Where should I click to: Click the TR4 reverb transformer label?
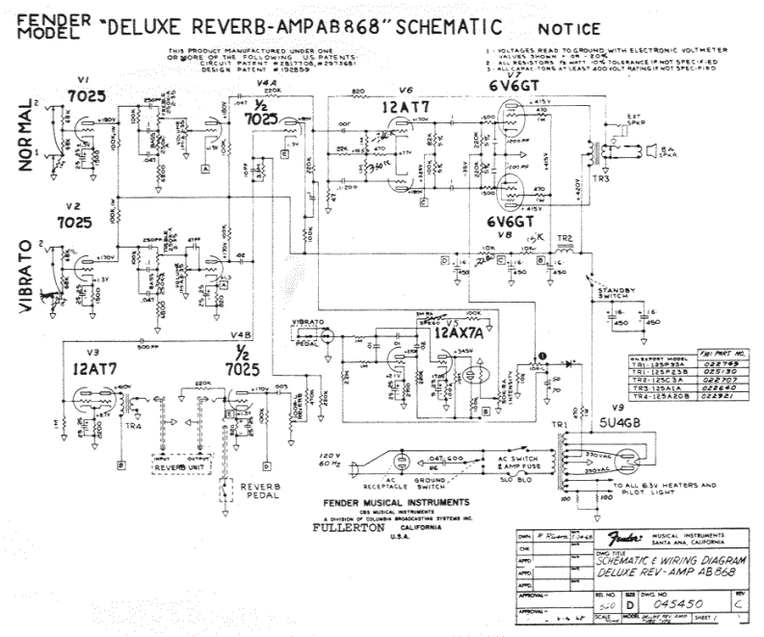[105, 424]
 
